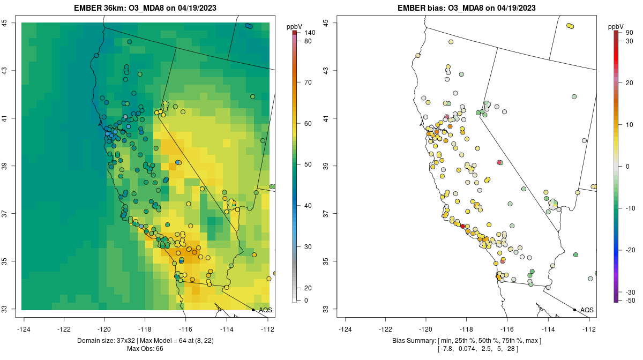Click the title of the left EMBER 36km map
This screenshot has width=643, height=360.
(x=146, y=8)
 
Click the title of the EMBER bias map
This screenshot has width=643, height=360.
(x=467, y=8)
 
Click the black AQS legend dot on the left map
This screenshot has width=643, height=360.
(x=253, y=310)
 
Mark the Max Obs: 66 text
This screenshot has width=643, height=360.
(x=146, y=349)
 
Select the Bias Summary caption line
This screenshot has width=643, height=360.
(x=467, y=341)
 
